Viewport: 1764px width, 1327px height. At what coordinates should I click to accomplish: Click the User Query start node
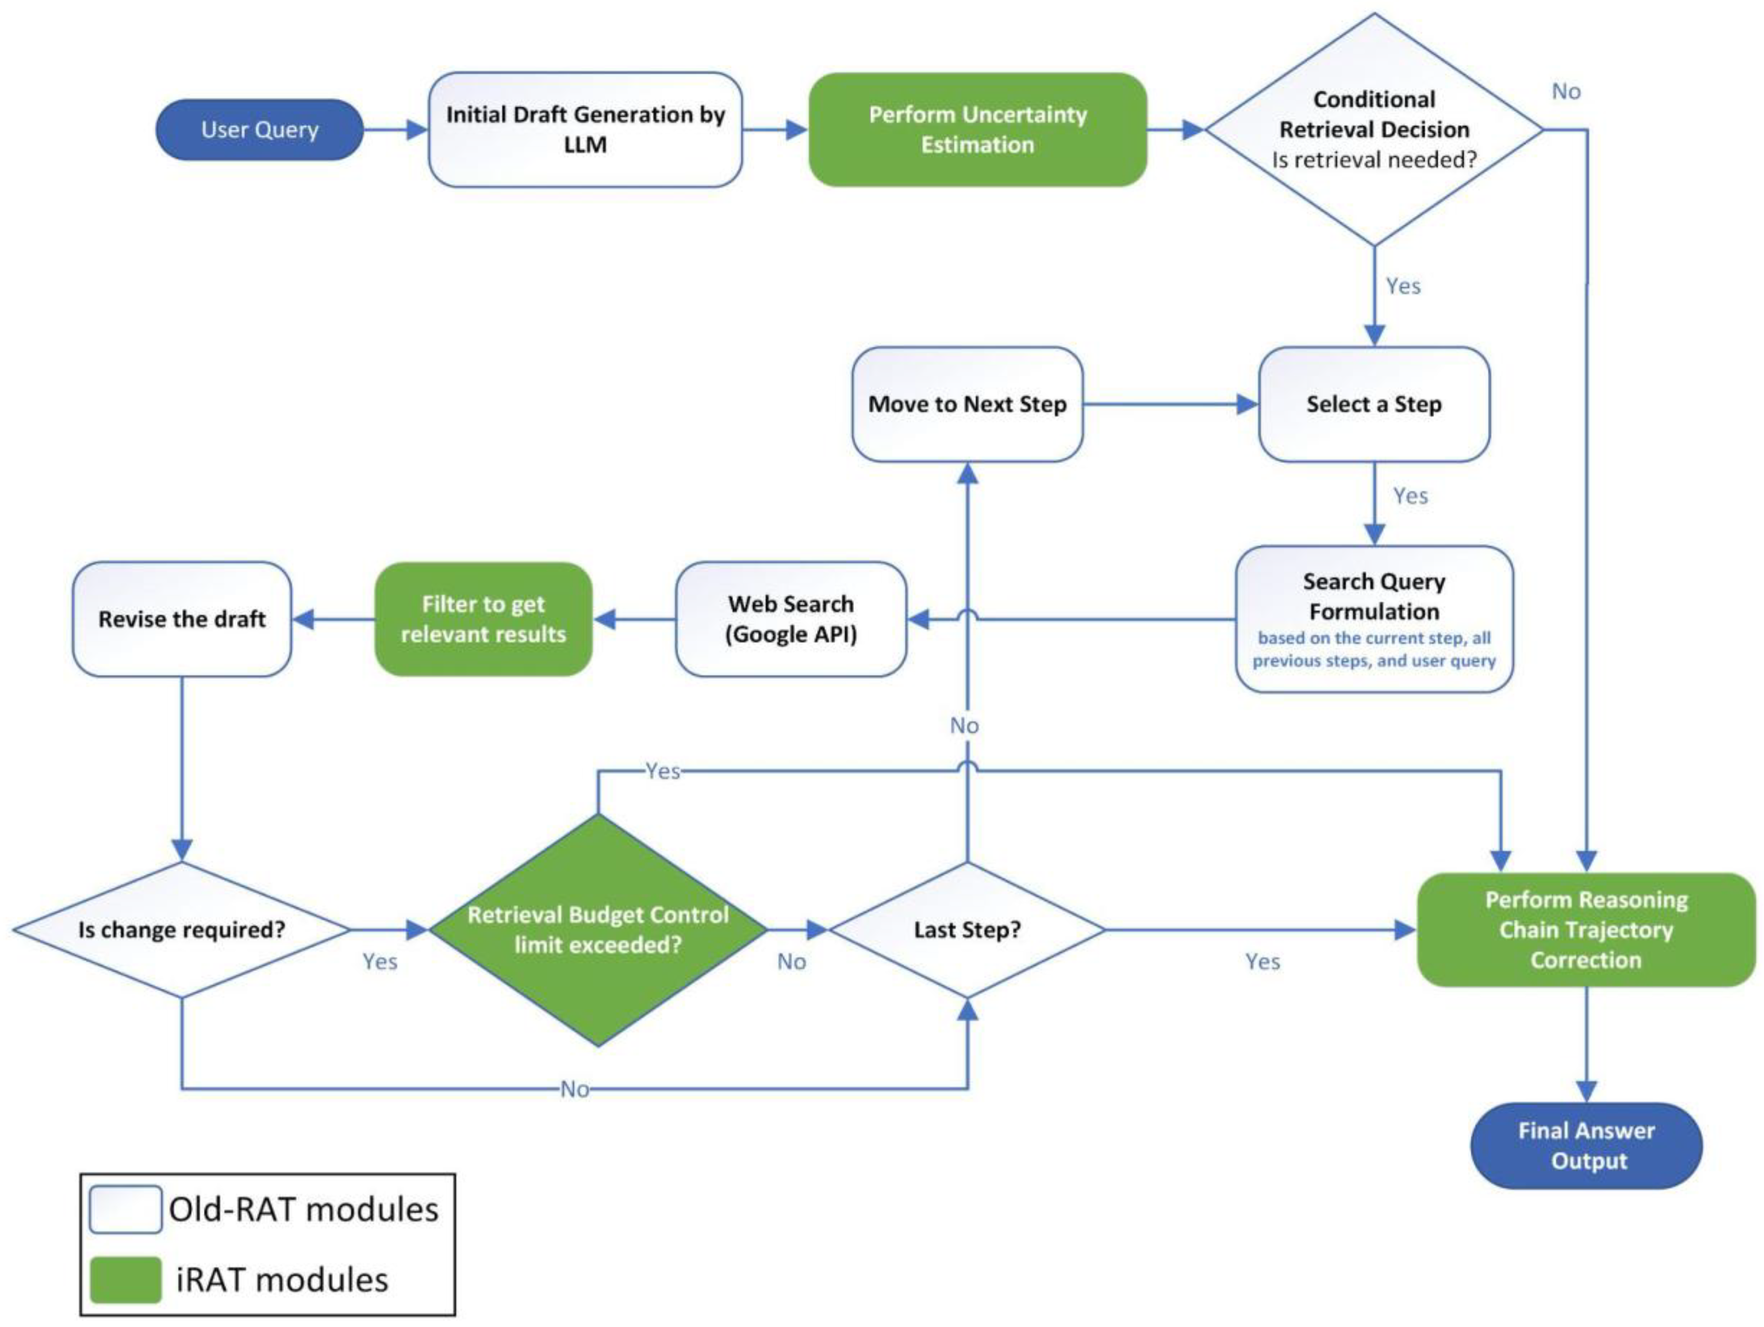pos(259,129)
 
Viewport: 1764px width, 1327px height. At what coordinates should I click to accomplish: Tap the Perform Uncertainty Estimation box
pos(978,129)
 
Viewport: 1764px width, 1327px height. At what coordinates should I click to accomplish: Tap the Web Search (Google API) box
pos(790,619)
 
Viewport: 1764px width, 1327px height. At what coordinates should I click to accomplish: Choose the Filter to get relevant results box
pos(483,619)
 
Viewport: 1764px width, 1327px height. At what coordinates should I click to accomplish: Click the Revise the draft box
pos(182,619)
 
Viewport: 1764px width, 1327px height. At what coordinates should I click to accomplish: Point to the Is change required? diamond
pos(182,929)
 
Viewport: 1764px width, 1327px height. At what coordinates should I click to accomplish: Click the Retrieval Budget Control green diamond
pos(597,929)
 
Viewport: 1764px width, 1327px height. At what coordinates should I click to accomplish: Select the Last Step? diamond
pos(967,929)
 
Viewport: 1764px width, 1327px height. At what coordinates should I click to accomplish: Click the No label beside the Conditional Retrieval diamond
pos(1565,92)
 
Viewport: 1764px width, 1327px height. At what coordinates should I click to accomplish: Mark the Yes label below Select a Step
pos(1410,496)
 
